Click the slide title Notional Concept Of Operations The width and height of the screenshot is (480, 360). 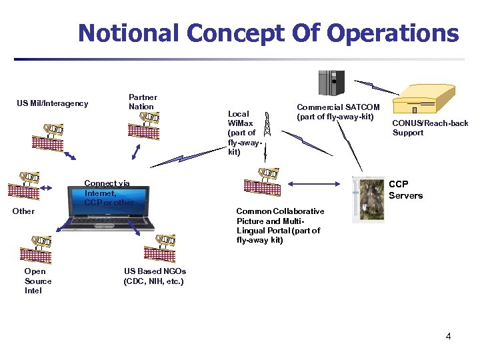(x=268, y=33)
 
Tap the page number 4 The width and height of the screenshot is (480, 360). (x=448, y=336)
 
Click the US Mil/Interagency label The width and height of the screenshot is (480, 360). (x=52, y=103)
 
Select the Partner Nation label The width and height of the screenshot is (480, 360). (x=142, y=101)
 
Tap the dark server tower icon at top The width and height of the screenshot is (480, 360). (x=331, y=83)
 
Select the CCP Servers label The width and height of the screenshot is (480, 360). (x=405, y=189)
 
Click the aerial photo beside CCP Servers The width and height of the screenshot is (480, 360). (x=367, y=199)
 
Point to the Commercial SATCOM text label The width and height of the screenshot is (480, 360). (x=338, y=112)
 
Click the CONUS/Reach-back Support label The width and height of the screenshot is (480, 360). (x=430, y=128)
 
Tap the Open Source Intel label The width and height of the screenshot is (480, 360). (x=37, y=281)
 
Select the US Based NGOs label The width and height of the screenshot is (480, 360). (x=155, y=276)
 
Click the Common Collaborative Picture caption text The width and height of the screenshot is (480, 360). (x=280, y=225)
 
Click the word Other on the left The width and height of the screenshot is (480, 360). (x=23, y=211)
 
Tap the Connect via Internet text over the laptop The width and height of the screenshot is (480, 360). (x=109, y=193)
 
